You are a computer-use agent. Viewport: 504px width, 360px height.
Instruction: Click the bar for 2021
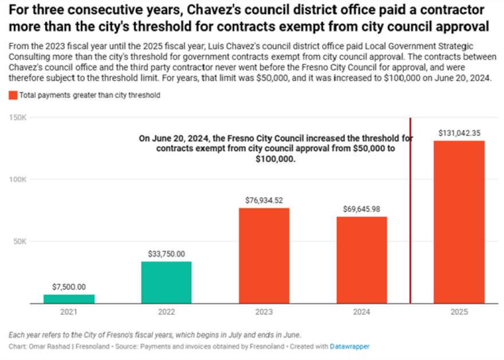click(69, 299)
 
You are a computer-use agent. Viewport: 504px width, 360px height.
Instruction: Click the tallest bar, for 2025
click(459, 222)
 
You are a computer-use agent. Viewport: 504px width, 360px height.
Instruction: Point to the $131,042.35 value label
click(459, 132)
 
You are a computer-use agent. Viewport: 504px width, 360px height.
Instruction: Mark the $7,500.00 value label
click(69, 287)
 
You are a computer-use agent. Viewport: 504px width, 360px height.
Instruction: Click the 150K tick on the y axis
click(18, 118)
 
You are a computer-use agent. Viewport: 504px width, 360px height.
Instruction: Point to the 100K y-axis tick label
click(18, 179)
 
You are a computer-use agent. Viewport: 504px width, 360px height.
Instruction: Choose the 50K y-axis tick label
click(19, 241)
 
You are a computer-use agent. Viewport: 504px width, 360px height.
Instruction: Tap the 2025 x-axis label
click(459, 312)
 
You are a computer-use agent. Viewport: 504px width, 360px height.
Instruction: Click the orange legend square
click(13, 96)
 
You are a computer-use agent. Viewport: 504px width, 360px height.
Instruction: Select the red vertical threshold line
click(411, 229)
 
